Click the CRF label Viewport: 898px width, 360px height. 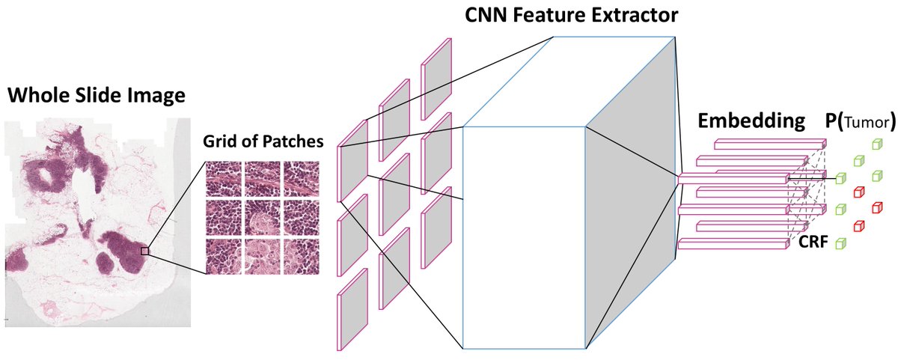[812, 242]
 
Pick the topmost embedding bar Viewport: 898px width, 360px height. [759, 143]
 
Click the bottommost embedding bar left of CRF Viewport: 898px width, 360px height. [733, 245]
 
